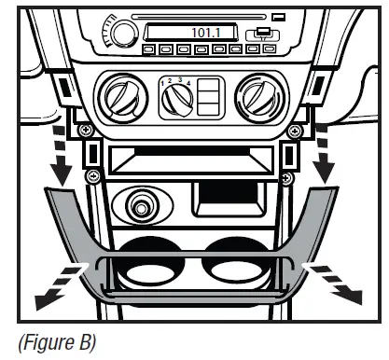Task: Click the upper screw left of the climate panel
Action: [86, 129]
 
